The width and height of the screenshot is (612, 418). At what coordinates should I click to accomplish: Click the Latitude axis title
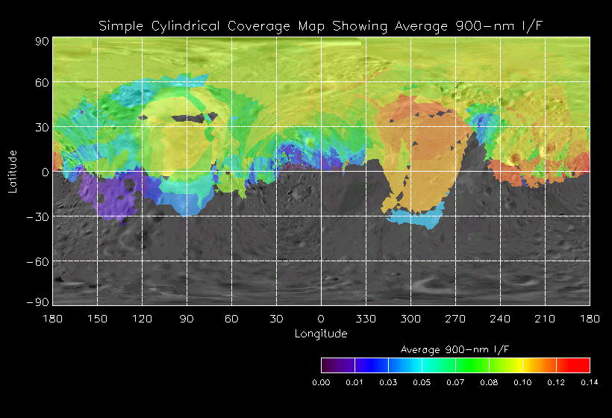pos(12,171)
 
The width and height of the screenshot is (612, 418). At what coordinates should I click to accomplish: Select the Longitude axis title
pos(321,334)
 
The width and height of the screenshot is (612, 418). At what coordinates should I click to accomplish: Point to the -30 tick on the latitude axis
pos(39,216)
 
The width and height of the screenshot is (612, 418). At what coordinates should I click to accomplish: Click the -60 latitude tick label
pos(39,261)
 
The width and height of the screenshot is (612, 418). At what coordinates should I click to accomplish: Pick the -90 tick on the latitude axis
pos(39,302)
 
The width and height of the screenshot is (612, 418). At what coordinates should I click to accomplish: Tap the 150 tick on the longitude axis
pos(97,319)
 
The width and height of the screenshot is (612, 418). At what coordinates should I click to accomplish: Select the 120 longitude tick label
pos(142,319)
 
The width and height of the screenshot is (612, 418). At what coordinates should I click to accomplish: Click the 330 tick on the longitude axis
pos(366,319)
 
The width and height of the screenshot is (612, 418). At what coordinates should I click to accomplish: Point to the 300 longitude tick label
pos(410,319)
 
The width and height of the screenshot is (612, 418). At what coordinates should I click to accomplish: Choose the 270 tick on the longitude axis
pos(455,319)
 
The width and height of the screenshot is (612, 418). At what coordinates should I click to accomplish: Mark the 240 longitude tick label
pos(500,319)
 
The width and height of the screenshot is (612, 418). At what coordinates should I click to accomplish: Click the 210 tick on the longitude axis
pos(545,319)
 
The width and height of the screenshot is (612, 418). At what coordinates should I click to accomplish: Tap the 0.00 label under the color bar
pos(321,381)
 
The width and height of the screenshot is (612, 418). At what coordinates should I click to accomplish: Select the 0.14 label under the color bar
pos(590,381)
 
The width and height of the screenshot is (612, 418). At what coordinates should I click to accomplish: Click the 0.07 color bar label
pos(455,381)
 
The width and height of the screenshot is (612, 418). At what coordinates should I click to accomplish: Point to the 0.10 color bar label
pos(522,381)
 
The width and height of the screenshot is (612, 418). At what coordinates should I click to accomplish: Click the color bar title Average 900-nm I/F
pos(455,349)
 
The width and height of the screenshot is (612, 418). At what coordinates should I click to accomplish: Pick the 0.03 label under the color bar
pos(388,381)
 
